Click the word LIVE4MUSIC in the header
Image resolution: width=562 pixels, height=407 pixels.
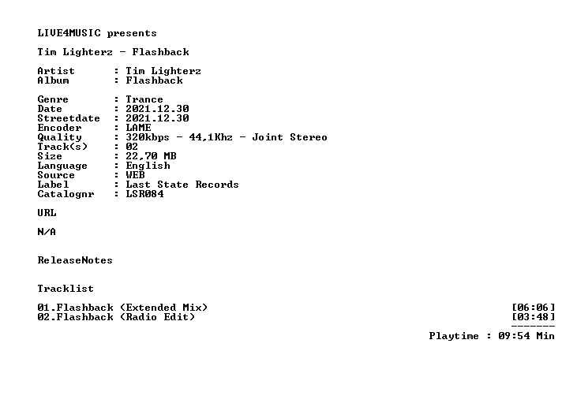69,33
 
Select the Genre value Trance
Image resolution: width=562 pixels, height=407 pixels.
144,99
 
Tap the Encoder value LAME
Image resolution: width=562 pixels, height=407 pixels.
138,128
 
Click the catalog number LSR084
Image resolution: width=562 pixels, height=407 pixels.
144,194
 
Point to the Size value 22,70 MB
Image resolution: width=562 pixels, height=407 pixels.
151,156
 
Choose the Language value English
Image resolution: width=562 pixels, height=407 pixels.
148,166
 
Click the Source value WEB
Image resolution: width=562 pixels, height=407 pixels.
135,175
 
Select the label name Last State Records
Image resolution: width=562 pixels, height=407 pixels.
182,185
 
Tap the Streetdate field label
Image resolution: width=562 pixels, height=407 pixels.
69,118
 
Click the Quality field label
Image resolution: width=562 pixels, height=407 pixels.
59,137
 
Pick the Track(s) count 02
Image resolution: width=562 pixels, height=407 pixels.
132,147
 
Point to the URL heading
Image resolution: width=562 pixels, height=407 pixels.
47,213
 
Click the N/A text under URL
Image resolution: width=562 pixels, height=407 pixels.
47,232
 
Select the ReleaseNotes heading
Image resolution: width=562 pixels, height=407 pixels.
75,260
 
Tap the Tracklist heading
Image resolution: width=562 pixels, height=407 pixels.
66,289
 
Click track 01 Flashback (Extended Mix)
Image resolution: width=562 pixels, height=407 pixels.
122,308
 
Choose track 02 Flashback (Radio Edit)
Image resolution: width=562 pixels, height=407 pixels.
116,317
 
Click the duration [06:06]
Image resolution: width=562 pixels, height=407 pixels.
534,308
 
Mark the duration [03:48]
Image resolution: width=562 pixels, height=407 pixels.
534,317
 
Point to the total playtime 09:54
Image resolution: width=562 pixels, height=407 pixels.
514,336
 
